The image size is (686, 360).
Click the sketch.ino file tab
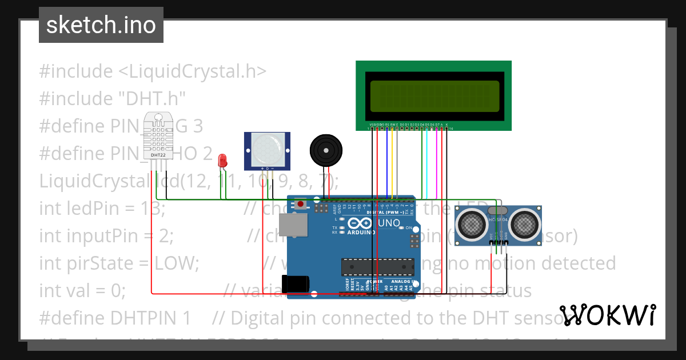click(101, 25)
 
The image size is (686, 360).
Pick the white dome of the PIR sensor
click(267, 150)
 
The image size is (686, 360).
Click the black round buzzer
click(326, 151)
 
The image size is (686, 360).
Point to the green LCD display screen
click(433, 96)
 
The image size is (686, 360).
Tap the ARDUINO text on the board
click(361, 233)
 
